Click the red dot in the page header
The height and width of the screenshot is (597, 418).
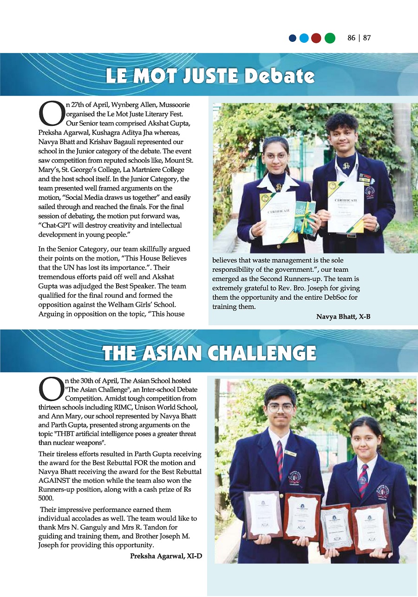pos(316,38)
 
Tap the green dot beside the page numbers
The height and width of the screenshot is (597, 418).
pos(330,38)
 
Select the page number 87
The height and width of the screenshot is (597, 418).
pos(367,38)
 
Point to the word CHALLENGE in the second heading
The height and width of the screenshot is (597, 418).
pos(262,354)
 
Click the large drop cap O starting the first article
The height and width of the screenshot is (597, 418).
pos(50,114)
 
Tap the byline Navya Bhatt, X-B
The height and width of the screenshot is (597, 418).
pos(343,317)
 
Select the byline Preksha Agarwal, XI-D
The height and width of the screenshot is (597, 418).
pos(166,556)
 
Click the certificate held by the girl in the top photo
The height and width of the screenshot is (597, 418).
pos(278,217)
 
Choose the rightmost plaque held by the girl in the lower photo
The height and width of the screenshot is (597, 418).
pos(371,528)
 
